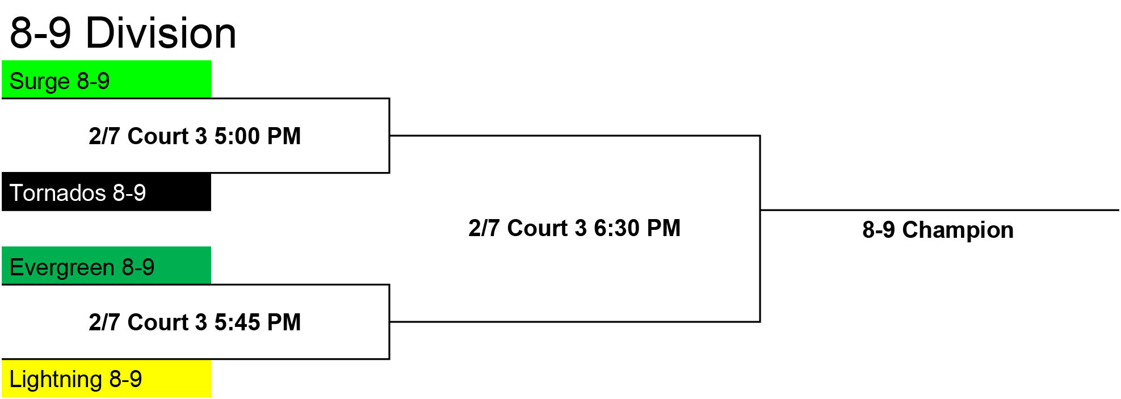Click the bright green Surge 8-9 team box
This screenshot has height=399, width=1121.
pos(106,79)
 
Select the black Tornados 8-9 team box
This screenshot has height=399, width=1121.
pos(106,192)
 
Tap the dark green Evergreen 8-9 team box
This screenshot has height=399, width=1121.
pos(106,265)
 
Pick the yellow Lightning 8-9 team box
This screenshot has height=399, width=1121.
pos(106,378)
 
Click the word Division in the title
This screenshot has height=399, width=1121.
pos(161,33)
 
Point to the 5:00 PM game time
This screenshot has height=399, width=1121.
pos(257,136)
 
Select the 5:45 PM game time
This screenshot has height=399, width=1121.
pos(257,322)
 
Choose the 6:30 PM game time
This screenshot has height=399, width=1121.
pos(637,228)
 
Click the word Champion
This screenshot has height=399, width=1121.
pos(958,230)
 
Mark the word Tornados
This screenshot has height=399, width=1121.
pos(58,193)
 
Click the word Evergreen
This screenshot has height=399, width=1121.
pos(62,267)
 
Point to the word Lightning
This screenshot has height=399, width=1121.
pos(56,379)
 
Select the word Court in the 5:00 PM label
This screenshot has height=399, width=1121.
pos(159,136)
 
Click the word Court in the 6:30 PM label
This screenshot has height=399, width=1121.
pos(539,228)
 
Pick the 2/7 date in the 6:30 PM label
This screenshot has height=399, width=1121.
pos(485,228)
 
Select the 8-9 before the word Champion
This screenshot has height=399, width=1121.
pos(879,230)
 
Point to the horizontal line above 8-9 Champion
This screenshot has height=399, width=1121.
pos(939,210)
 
